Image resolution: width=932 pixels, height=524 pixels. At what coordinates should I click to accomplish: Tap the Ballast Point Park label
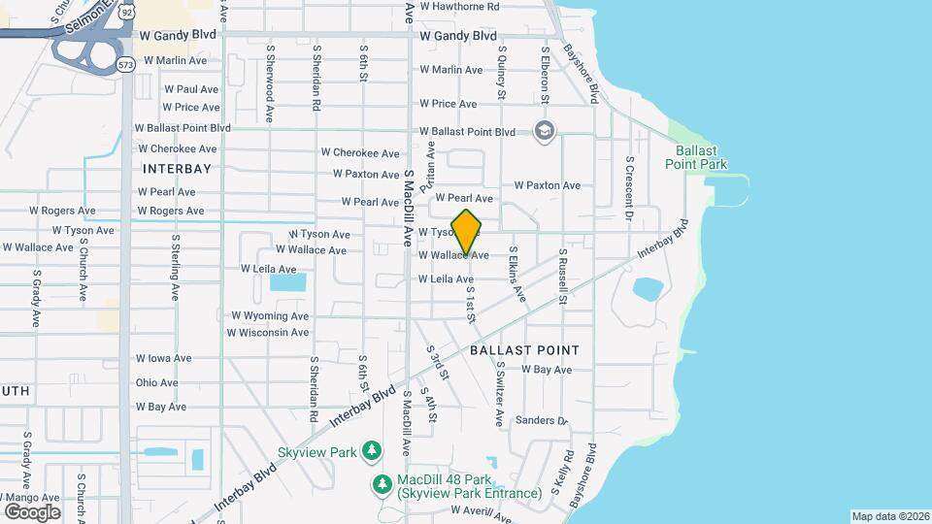[696, 157]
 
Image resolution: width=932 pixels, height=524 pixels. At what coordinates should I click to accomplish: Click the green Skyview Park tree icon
[370, 450]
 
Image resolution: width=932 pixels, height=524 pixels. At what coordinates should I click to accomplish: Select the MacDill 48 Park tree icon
[383, 483]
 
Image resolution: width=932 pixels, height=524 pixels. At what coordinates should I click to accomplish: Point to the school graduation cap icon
[545, 130]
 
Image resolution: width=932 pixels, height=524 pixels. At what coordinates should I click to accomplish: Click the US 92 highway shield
[126, 16]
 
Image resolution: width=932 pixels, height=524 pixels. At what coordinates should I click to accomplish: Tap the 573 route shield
[125, 64]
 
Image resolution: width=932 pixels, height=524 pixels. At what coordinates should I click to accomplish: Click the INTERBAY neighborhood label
[177, 168]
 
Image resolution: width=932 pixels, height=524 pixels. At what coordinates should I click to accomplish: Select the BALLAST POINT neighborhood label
[524, 350]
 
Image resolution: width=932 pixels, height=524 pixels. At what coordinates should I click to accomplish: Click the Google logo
[32, 511]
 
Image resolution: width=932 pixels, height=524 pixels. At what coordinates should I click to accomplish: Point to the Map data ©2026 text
[889, 516]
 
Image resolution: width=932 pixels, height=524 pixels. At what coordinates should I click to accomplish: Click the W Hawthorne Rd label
[459, 6]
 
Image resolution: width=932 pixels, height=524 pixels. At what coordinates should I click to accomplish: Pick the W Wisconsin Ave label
[268, 333]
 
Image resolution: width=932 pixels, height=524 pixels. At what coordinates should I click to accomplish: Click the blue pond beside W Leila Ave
[287, 282]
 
